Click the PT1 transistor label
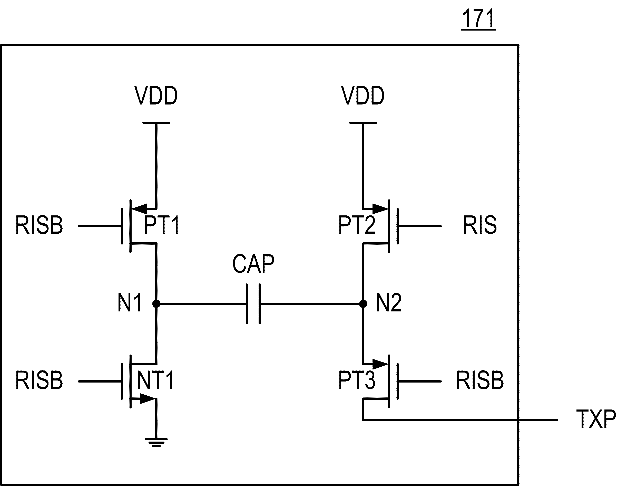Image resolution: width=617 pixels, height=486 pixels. (x=162, y=225)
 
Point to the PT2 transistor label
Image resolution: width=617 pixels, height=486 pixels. (x=357, y=225)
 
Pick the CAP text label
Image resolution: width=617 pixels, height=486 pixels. (x=253, y=264)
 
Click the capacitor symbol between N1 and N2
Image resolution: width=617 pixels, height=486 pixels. (x=253, y=304)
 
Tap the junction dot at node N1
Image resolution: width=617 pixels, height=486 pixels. (x=156, y=304)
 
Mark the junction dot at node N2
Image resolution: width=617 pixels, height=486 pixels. (x=363, y=304)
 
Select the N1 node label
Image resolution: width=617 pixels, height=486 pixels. (x=130, y=303)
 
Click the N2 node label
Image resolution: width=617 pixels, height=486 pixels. (x=389, y=303)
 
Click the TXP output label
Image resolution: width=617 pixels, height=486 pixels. (x=596, y=419)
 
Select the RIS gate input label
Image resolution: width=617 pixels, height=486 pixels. (x=480, y=225)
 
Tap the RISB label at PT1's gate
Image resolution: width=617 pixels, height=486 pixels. (x=39, y=225)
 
